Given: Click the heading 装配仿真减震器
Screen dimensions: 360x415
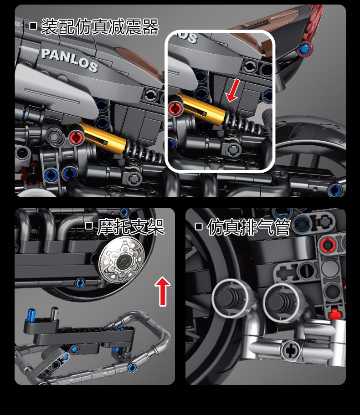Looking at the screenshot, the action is tap(100, 27).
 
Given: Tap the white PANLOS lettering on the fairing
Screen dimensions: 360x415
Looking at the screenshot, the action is tap(70, 60).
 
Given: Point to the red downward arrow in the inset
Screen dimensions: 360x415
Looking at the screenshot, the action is tap(233, 90).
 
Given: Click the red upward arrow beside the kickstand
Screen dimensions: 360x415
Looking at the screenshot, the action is tap(163, 292).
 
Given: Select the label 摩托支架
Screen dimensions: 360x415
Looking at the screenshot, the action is tap(131, 226).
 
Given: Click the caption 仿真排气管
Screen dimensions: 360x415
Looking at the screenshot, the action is tap(249, 227).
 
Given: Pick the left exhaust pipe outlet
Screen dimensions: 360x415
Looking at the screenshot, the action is tap(230, 297).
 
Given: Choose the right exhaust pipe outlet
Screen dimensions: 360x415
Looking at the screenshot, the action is tap(281, 302).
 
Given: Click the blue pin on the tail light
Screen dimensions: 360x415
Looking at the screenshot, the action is tap(304, 49).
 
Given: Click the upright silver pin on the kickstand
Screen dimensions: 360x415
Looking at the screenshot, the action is tap(54, 313).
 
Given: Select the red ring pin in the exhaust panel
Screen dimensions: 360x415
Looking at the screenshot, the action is tap(328, 245).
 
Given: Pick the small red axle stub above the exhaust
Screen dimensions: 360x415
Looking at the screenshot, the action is tap(335, 314).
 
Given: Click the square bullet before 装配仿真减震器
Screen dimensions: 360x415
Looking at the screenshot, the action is tap(33, 26).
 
